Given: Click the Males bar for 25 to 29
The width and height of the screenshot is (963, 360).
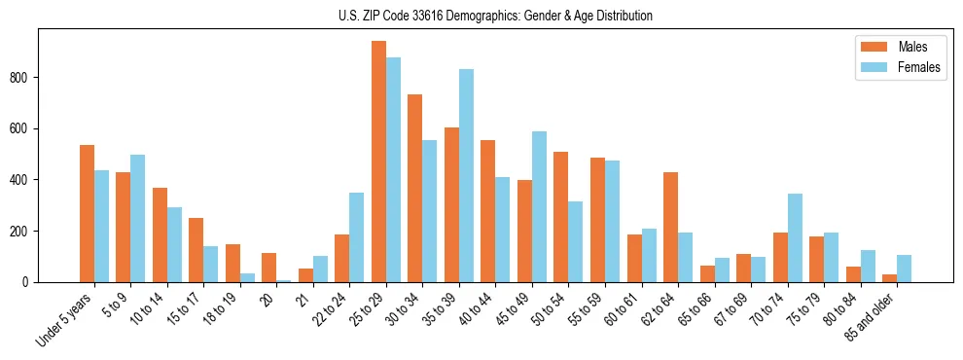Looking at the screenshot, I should (x=378, y=162).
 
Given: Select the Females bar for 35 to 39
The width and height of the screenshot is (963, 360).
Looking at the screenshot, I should (x=466, y=176).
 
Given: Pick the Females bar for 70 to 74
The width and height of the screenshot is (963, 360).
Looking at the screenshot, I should (x=796, y=238).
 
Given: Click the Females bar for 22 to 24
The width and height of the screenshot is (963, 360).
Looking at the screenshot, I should (x=357, y=237).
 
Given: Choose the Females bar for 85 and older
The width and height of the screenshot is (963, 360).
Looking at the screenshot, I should (x=905, y=269).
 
